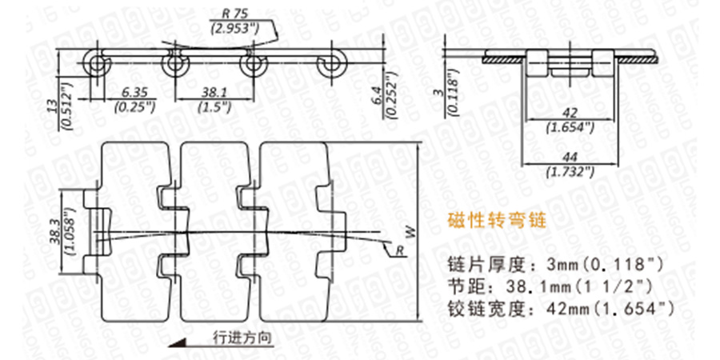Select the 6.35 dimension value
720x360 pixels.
pos(133,91)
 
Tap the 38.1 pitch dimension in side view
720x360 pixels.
pos(212,91)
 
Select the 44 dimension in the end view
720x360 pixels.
pos(570,158)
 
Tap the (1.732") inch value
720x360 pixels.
pos(570,171)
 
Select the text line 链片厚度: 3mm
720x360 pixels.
pos(553,263)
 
